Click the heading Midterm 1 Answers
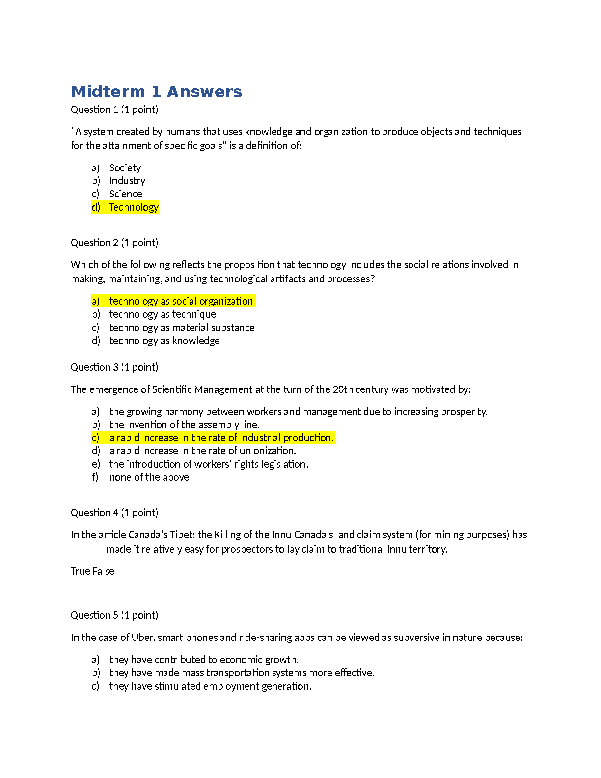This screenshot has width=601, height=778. [x=156, y=92]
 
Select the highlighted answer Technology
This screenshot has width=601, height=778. [x=134, y=207]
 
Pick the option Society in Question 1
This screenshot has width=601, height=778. [x=125, y=168]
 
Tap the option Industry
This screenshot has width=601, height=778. [x=127, y=181]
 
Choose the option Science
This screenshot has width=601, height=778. [x=126, y=194]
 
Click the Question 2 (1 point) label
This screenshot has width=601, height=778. [x=114, y=243]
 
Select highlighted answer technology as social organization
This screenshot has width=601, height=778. [x=181, y=301]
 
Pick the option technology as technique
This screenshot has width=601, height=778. [x=163, y=314]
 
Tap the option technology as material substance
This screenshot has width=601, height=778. [x=182, y=328]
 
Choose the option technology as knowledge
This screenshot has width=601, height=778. [x=164, y=341]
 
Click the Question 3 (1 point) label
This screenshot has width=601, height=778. [x=114, y=367]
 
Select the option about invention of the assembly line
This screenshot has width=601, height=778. [x=184, y=425]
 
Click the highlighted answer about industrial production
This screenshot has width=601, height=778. [x=221, y=438]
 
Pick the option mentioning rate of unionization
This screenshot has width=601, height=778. [x=202, y=451]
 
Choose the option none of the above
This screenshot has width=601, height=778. [x=149, y=477]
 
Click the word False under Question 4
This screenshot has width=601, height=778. [x=103, y=571]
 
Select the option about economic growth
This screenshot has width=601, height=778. [x=204, y=660]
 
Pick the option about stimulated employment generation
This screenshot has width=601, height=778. [x=210, y=686]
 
